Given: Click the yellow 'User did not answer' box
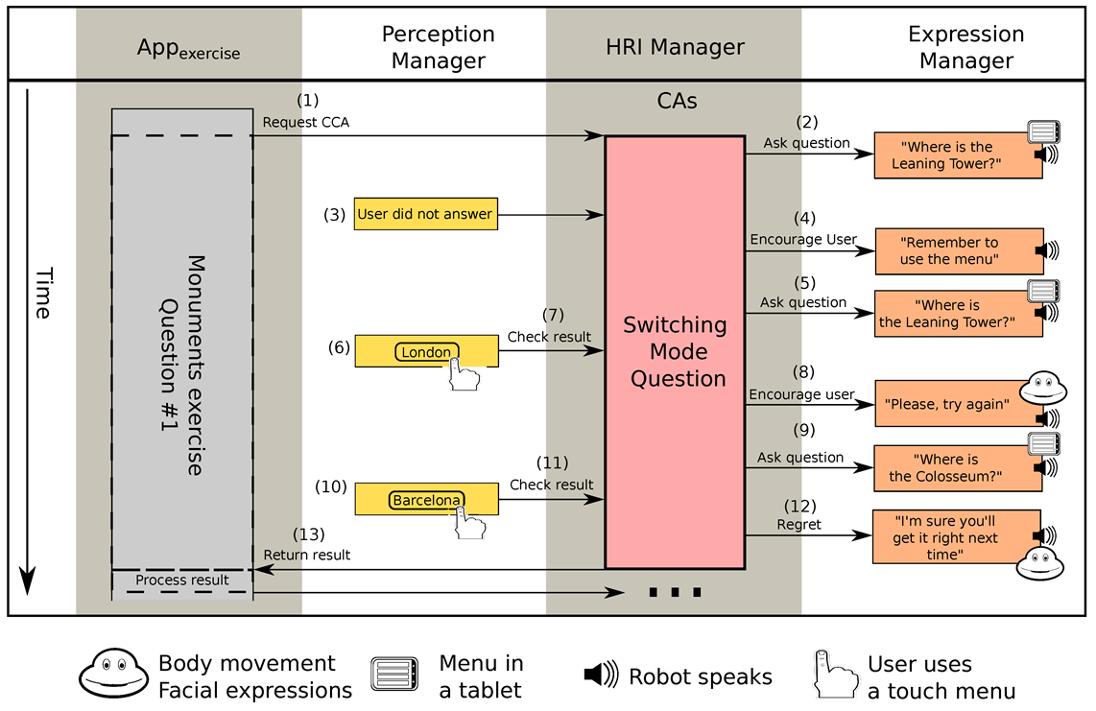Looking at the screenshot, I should point(425,214).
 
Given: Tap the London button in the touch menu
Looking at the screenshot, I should point(426,352).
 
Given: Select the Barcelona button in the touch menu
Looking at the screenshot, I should point(426,500).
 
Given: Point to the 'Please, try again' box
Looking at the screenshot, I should point(945,405).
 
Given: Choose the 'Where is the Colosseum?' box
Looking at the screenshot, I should point(945,467).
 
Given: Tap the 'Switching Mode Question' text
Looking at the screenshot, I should point(675,351).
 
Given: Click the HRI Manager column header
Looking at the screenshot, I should point(675,46).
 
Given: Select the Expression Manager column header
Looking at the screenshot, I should point(965,47).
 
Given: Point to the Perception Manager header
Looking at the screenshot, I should point(438,47).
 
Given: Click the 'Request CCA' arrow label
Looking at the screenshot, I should point(305,123).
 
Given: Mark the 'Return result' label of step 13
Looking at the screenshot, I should point(307,555).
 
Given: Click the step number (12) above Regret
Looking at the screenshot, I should point(799,506).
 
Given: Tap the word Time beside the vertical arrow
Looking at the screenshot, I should point(41,294).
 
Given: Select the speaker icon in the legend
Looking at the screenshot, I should point(601,675).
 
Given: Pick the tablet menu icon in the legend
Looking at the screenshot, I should point(394,675).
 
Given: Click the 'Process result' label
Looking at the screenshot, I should point(182,580).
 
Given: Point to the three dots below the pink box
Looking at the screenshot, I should point(675,592).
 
